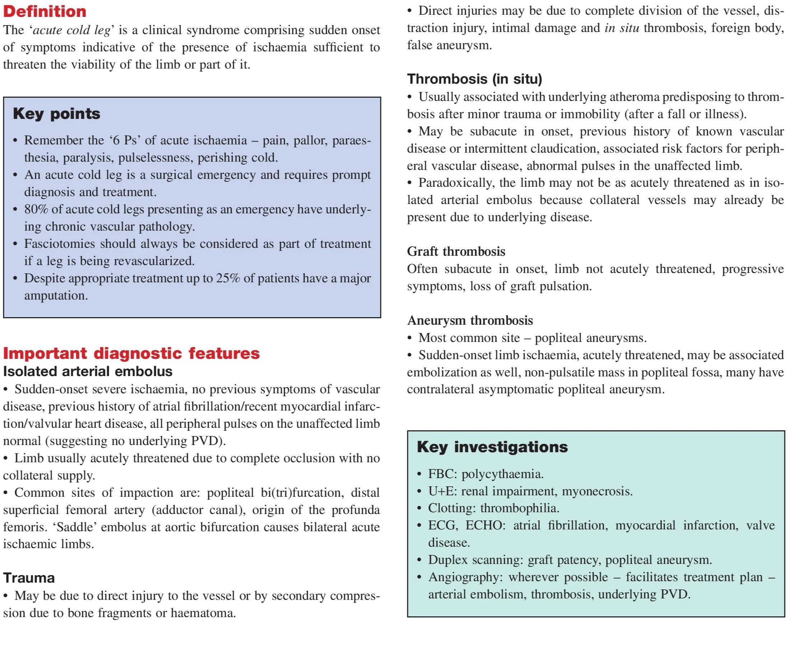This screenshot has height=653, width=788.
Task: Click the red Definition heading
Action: (45, 11)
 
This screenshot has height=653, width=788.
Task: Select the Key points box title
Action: (56, 114)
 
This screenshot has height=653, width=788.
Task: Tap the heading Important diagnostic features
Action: (131, 353)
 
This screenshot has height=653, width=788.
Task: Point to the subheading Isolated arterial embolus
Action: (88, 371)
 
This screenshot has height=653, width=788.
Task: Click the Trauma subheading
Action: (29, 578)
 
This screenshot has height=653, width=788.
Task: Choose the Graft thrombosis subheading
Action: (456, 251)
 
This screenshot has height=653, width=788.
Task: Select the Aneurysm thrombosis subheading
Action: (470, 320)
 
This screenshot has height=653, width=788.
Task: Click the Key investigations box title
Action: (492, 447)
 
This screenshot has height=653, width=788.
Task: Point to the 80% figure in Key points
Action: (36, 209)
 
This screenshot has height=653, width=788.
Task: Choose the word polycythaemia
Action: (502, 474)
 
